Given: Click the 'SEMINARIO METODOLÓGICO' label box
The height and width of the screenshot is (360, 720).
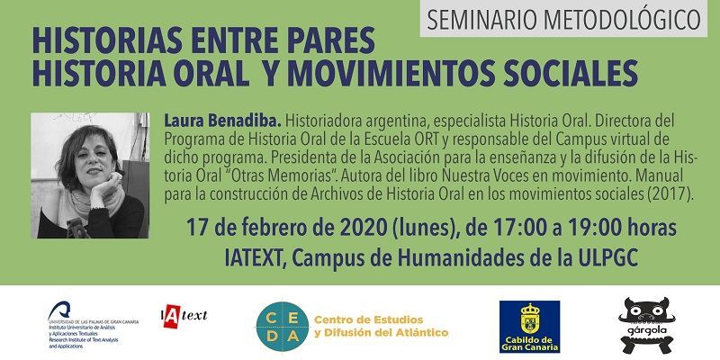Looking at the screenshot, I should coord(564,18).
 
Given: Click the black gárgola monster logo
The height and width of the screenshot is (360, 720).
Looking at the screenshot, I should coord(643,323).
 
